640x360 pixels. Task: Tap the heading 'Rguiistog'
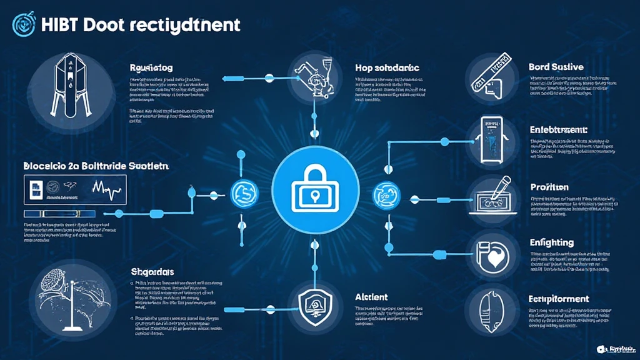pos(151,67)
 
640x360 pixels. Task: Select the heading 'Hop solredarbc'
pos(387,67)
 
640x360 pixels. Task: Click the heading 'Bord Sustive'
pos(556,66)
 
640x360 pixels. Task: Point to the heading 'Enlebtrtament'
pos(559,130)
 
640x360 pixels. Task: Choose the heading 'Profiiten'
pos(549,187)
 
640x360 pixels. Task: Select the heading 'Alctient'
pos(371,297)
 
